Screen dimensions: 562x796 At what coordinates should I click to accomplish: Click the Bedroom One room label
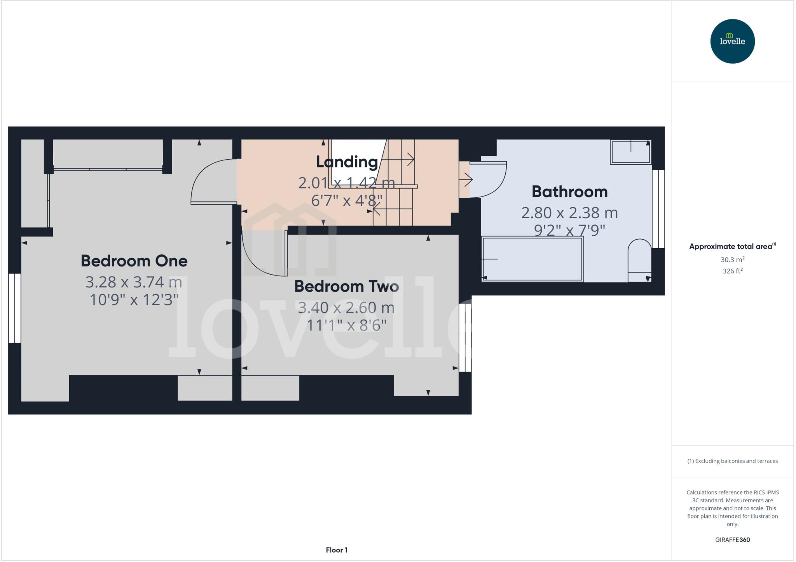[134, 261]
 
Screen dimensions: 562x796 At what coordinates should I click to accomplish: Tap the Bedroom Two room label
[346, 286]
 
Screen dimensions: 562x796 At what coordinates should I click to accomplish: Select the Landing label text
[347, 162]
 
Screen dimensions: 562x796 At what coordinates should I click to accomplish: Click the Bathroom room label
[569, 192]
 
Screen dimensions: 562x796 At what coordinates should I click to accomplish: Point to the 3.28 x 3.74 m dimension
[134, 282]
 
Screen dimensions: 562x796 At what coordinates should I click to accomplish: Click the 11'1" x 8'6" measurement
[346, 325]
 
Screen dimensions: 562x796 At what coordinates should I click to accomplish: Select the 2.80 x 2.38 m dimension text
[569, 213]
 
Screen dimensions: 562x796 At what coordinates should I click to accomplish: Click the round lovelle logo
[732, 41]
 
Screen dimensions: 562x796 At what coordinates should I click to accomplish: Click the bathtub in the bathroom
[532, 259]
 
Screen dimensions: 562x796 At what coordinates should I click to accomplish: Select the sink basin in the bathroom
[630, 152]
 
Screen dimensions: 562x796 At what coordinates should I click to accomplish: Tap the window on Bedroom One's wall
[14, 308]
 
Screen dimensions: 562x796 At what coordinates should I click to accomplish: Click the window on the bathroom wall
[658, 209]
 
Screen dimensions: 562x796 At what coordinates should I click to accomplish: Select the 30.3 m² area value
[732, 259]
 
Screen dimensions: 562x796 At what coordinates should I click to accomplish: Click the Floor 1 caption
[337, 550]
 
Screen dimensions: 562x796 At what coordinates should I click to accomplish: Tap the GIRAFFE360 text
[732, 539]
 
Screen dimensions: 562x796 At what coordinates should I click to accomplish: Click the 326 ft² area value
[732, 271]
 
